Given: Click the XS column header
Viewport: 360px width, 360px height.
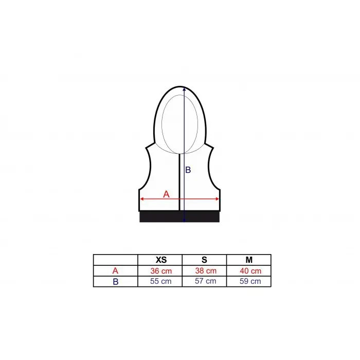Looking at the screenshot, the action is coord(161,260).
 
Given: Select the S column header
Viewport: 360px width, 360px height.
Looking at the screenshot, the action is coord(204,260).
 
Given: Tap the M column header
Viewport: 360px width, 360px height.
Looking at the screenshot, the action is coord(249,260).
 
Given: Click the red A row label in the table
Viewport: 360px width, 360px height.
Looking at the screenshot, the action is coord(115,271).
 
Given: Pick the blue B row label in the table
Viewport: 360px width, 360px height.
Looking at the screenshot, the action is coord(116,282).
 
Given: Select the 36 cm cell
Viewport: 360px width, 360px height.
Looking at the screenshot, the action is coord(161,271).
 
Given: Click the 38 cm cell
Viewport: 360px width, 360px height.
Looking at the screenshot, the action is coord(206,271).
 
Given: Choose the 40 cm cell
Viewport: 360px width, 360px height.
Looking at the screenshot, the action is coord(250,271).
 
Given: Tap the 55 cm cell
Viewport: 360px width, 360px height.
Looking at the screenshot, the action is coord(160,281).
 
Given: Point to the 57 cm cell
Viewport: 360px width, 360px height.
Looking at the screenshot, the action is coord(206,281).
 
